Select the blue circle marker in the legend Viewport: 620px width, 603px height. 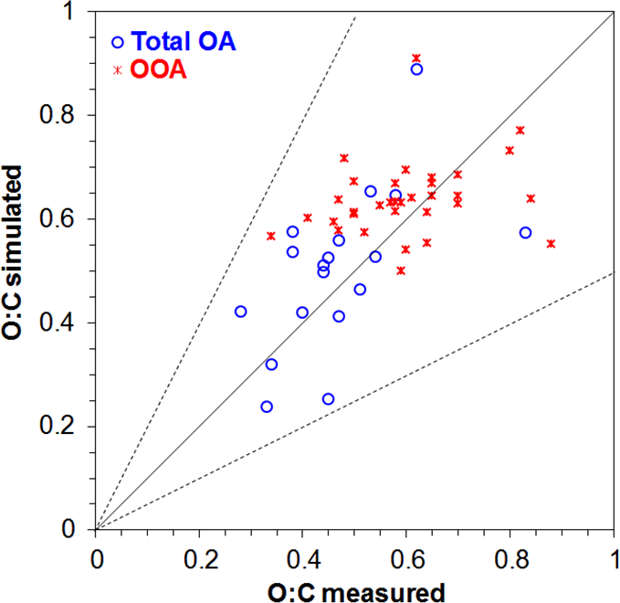117,41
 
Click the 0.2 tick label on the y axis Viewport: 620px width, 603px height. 67,427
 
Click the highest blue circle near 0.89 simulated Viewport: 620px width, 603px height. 416,69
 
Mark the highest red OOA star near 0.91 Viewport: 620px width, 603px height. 416,58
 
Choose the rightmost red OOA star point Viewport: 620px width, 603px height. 552,243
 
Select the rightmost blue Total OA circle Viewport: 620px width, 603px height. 525,233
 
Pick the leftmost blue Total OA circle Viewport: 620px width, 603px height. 241,312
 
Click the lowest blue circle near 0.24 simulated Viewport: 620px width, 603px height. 267,407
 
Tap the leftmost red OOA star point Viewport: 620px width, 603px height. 271,236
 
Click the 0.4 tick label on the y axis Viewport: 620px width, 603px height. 67,323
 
